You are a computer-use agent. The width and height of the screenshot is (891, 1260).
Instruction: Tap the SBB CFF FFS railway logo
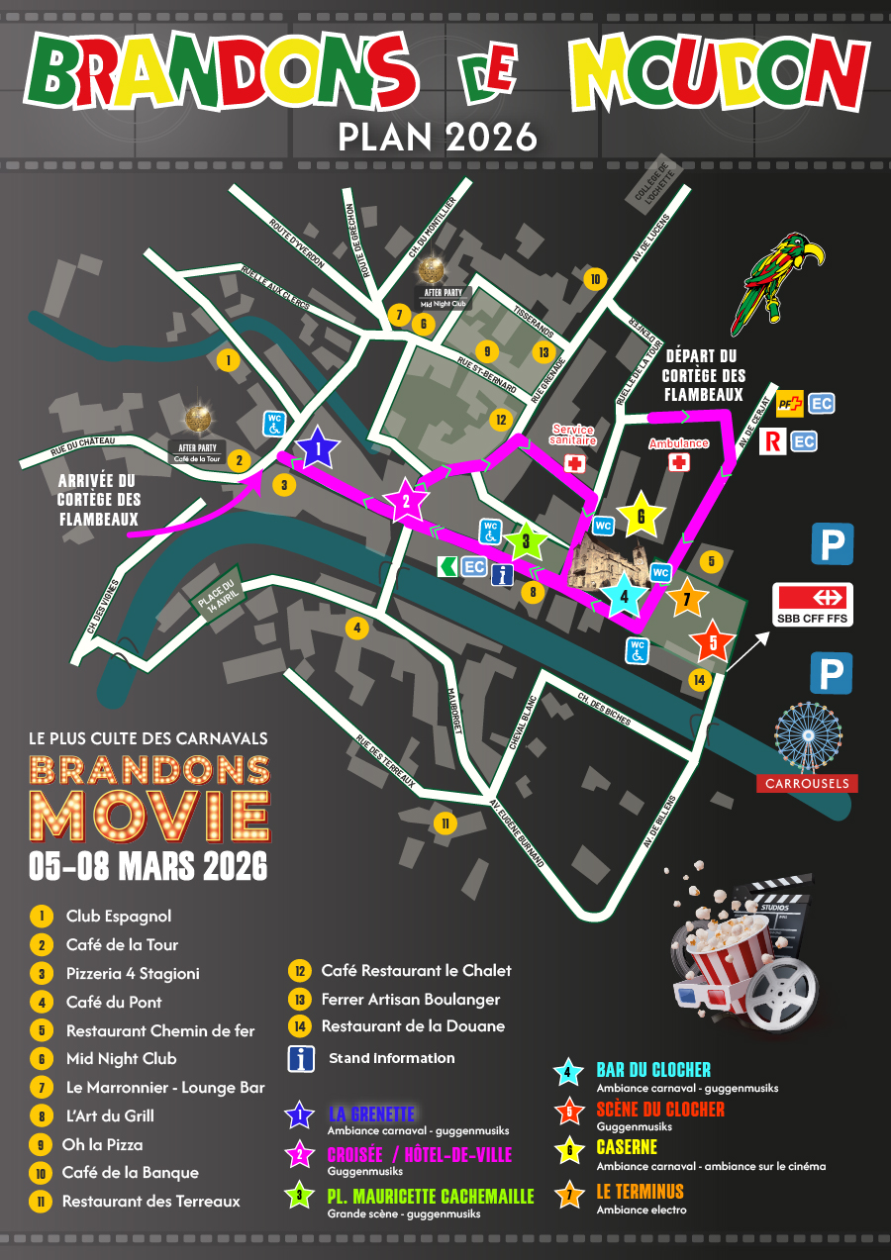point(812,604)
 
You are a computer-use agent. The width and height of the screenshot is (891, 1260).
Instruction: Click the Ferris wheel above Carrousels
point(808,737)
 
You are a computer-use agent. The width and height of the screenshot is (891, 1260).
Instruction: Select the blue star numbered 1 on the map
point(318,451)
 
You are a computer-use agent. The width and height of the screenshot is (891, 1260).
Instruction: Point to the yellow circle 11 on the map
point(445,824)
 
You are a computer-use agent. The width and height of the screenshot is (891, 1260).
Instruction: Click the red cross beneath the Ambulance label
point(679,463)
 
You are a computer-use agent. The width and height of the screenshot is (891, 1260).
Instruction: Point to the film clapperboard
point(782,906)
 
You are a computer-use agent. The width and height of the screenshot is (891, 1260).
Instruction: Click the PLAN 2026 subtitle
point(438,137)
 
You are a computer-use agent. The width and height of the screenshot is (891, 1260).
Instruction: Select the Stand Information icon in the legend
point(301,1058)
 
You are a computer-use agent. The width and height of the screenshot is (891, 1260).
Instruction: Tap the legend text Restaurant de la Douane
point(413,1026)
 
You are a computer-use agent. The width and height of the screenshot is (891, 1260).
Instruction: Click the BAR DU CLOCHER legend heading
point(653,1070)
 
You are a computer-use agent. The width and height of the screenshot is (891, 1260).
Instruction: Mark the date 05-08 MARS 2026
point(148,866)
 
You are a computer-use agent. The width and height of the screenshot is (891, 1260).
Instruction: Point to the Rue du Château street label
point(83,446)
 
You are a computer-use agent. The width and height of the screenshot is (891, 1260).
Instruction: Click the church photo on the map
point(609,566)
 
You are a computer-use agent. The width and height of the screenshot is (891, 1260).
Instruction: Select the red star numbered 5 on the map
point(713,642)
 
